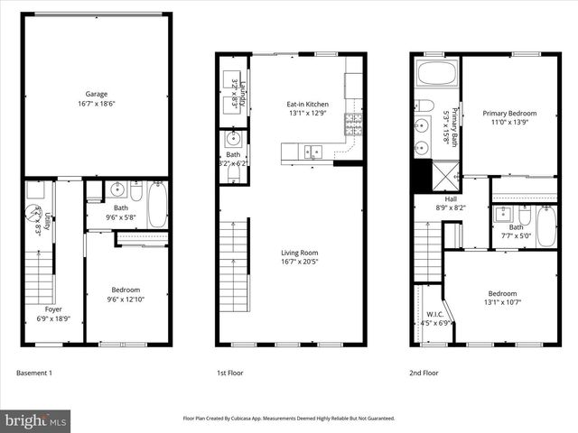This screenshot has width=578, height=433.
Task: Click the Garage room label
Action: point(96,93)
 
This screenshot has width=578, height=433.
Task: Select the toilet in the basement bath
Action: point(136,192)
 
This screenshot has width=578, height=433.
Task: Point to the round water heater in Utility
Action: point(33,216)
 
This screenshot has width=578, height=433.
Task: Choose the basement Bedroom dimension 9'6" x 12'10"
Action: point(126,299)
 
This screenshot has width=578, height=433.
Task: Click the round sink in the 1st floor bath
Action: point(234,138)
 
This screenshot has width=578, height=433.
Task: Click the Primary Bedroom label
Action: point(509,114)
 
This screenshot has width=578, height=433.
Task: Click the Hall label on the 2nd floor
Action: point(451,198)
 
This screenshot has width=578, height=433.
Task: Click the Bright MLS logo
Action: point(36,420)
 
